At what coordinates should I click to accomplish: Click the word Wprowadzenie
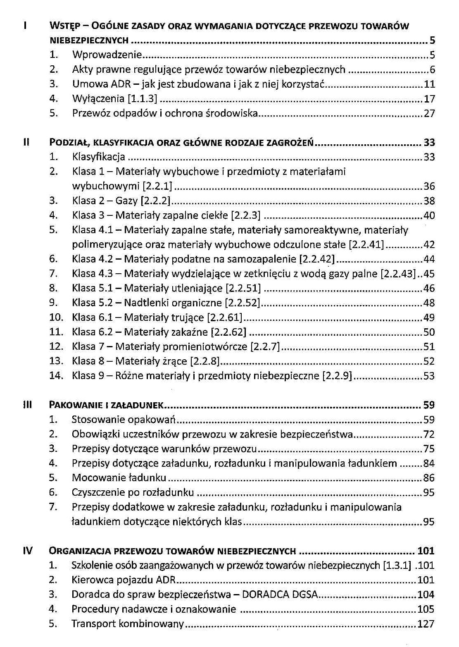107,55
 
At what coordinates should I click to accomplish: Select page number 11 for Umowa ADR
430,84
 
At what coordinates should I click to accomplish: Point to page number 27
430,113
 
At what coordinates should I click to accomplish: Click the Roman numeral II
26,142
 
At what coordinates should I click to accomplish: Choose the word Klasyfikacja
98,157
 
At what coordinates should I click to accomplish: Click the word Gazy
126,201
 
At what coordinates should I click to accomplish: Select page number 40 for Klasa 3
429,215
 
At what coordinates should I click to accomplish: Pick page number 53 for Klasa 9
429,376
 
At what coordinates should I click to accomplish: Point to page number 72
429,434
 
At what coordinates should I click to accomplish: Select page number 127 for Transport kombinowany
426,623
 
